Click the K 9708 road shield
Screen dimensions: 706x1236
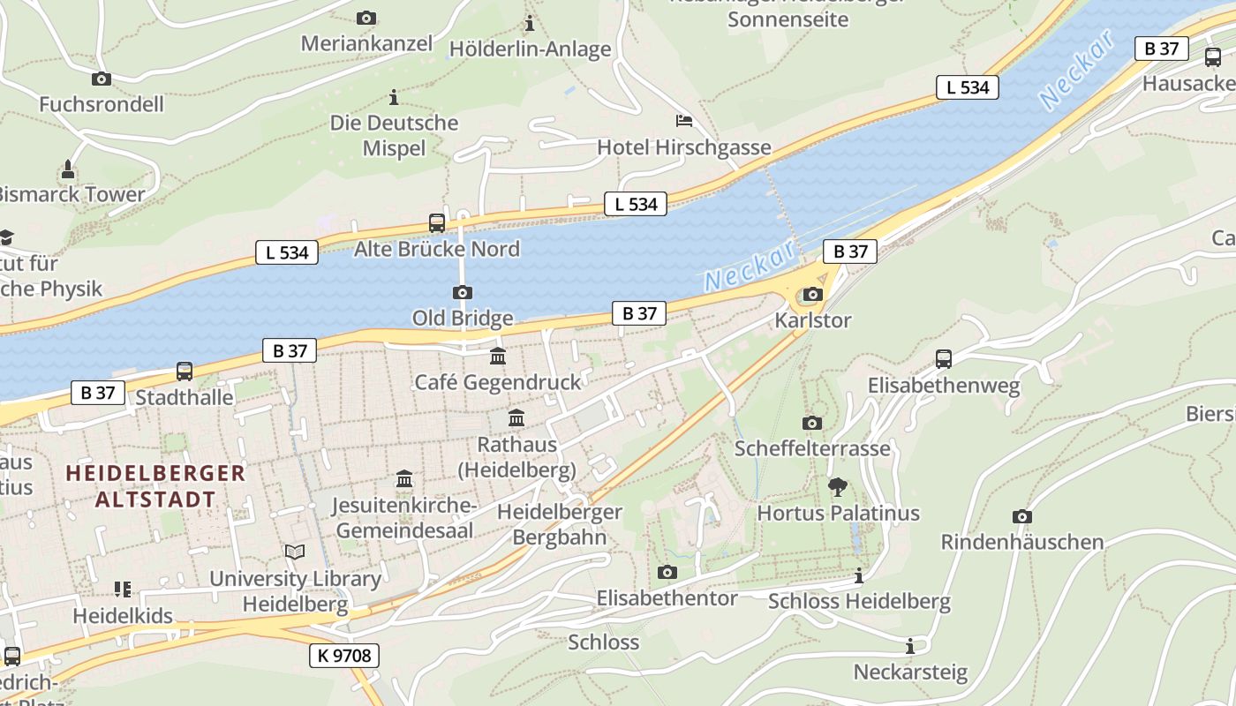(x=344, y=656)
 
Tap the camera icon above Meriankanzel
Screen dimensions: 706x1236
(x=366, y=18)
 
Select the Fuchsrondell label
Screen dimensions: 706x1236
(x=102, y=104)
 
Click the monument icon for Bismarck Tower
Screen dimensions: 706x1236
(x=68, y=169)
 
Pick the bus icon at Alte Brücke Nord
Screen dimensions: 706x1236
(x=437, y=222)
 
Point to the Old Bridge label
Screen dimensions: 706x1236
(x=463, y=318)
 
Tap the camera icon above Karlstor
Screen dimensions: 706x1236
(x=812, y=295)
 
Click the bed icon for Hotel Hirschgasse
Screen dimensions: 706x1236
(x=683, y=121)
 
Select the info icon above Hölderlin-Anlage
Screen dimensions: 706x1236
(x=530, y=23)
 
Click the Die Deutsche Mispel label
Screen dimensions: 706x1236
(x=395, y=135)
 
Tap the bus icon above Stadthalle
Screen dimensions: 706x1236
(x=185, y=372)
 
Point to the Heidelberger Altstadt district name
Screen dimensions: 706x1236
(x=155, y=485)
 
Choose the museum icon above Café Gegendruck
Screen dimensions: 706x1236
(x=498, y=357)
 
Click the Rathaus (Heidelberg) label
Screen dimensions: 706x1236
(x=516, y=456)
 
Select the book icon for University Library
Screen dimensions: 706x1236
(x=295, y=552)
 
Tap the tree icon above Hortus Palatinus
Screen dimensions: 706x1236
(x=838, y=486)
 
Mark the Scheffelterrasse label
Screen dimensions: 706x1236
(x=812, y=448)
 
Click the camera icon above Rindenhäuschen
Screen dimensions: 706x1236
(x=1022, y=516)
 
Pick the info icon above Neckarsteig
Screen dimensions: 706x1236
(x=910, y=646)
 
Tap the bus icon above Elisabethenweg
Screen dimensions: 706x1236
(x=944, y=359)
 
